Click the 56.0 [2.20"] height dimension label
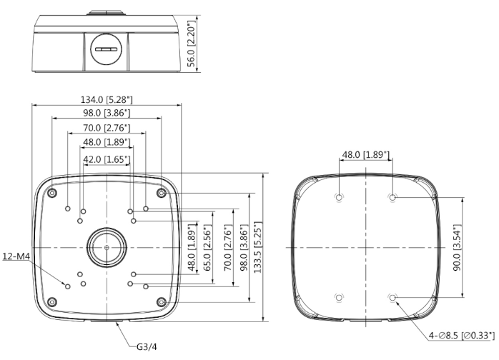click(191, 44)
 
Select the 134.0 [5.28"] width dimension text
click(107, 99)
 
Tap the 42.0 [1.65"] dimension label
click(107, 159)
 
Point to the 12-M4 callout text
click(16, 256)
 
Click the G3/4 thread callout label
click(147, 346)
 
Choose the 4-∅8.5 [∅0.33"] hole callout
click(462, 335)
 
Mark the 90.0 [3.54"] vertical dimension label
click(457, 248)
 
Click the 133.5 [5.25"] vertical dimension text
click(258, 247)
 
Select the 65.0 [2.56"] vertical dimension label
click(207, 248)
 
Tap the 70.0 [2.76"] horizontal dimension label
click(107, 128)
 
